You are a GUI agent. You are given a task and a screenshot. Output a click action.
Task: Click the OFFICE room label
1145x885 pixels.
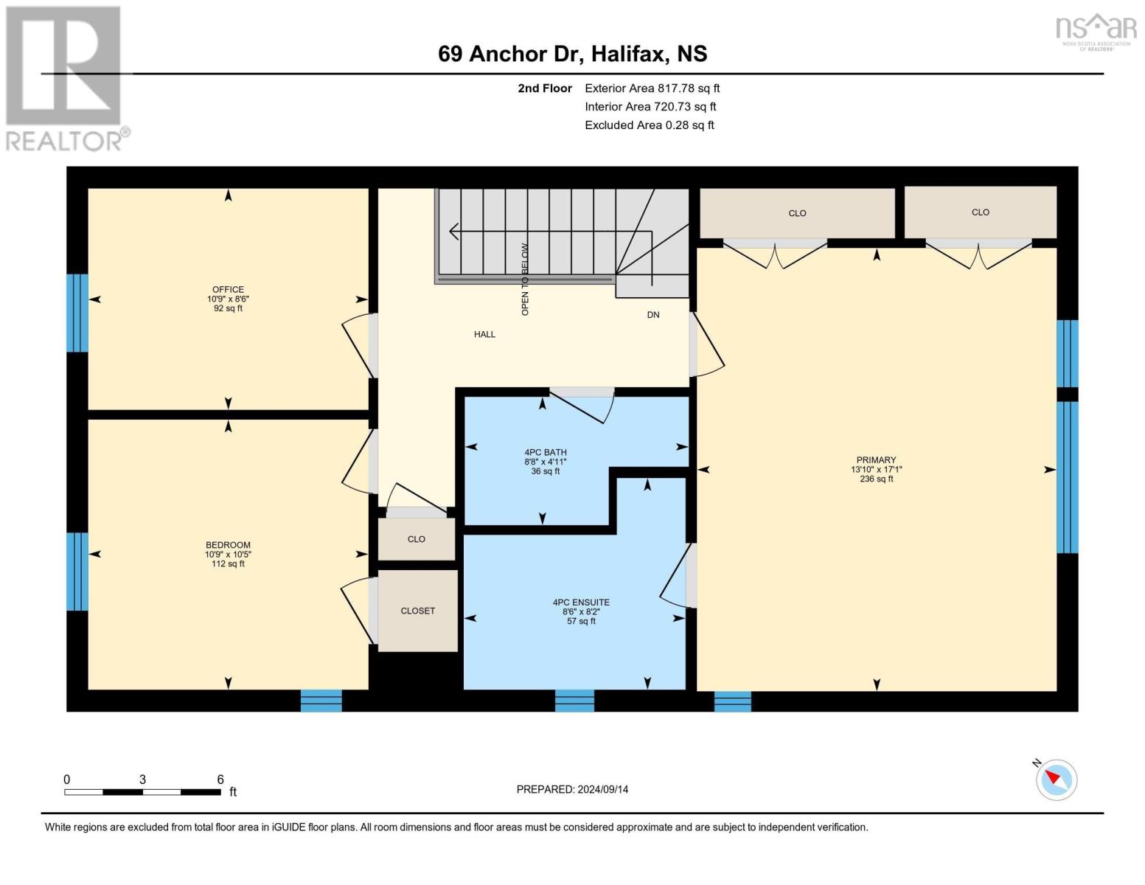228,289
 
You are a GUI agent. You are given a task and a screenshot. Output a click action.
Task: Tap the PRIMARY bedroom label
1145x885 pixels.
876,459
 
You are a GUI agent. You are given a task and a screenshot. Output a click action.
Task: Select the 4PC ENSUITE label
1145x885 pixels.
581,602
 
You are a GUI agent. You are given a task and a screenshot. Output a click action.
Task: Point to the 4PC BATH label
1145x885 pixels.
546,452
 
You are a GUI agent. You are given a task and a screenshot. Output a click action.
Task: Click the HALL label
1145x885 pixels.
484,334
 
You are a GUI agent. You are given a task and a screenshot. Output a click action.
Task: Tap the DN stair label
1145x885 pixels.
652,315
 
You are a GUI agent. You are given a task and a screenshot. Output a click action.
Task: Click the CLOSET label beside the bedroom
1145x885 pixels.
417,611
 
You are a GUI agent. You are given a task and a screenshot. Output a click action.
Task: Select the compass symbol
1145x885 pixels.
1056,780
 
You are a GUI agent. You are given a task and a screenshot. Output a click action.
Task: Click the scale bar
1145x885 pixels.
142,791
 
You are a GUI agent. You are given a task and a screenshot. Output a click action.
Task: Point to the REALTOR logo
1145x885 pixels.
66,79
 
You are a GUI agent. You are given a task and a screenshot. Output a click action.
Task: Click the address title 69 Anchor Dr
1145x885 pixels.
508,54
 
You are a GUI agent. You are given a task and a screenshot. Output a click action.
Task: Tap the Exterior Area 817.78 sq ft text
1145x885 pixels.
652,88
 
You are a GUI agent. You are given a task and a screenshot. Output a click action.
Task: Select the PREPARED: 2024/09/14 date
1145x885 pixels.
572,789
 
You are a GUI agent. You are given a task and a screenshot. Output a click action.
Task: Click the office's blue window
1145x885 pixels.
77,313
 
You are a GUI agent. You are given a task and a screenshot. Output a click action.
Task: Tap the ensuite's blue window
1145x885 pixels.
574,701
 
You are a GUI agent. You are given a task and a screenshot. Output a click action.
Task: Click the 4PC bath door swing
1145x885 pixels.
582,406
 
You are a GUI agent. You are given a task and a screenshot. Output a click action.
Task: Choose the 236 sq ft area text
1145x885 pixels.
877,479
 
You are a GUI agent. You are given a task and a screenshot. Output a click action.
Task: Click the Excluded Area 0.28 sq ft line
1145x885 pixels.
649,125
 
